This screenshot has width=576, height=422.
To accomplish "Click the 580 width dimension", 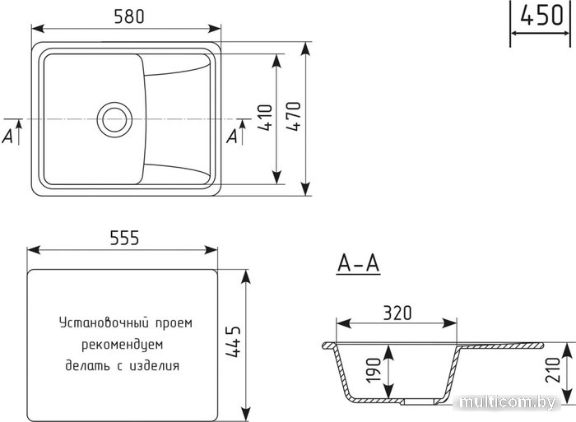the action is pos(129,16).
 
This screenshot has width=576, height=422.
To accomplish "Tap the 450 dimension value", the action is pos(541,16).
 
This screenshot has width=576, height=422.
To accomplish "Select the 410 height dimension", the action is pos(265,118).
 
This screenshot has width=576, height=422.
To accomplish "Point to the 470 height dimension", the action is pos(293,116).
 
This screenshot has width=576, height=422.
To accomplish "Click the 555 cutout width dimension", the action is pos(124,238).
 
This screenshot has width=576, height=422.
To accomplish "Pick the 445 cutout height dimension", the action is pos(233,341).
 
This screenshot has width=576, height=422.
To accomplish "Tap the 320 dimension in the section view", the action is pos(397,313).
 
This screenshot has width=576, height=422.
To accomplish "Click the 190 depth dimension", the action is pos(374,370).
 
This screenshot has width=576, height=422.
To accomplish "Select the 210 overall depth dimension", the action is pos(553,370).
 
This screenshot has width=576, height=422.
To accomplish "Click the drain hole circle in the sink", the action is pos(114,120).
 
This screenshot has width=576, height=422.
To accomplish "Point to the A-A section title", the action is pos(358,264).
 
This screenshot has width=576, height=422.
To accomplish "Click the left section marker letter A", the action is pos(7,137).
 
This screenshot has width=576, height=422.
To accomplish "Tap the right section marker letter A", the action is pos(232,137).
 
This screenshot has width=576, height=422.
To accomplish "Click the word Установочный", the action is pos(104,323).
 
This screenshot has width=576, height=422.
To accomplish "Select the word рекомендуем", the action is pos(122,345).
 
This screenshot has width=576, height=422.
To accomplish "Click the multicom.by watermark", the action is pos(508,403).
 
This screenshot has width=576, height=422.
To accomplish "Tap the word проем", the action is pos(174,323).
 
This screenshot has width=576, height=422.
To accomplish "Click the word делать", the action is pos(88,366).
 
